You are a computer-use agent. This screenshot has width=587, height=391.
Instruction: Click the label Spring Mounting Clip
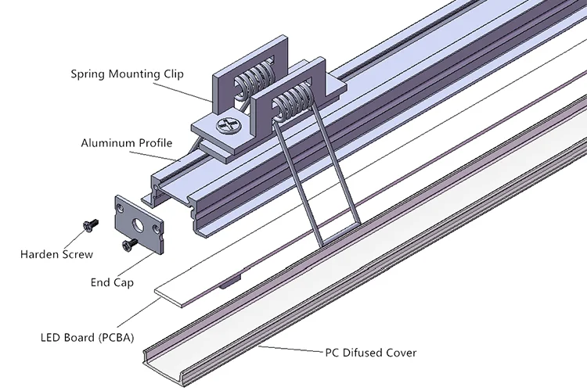pyautogui.click(x=128, y=74)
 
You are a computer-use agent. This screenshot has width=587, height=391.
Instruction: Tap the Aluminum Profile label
pyautogui.click(x=127, y=143)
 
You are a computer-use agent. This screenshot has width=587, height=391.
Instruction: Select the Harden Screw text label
pyautogui.click(x=56, y=254)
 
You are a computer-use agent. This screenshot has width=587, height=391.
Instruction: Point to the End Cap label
pyautogui.click(x=112, y=282)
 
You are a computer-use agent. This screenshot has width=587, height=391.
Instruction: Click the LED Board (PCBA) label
pyautogui.click(x=87, y=338)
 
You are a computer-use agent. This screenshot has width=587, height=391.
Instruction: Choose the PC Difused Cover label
pyautogui.click(x=371, y=353)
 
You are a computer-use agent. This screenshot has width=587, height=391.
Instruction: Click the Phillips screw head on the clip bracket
pyautogui.click(x=228, y=124)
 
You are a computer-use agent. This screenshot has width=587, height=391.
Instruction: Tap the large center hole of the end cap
pyautogui.click(x=138, y=224)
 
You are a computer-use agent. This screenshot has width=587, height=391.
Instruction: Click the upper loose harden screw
pyautogui.click(x=91, y=225)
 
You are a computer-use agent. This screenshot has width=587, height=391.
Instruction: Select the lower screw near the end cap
pyautogui.click(x=130, y=244)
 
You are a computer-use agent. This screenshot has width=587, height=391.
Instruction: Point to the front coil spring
pyautogui.click(x=293, y=101)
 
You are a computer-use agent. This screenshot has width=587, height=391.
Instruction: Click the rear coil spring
pyautogui.click(x=254, y=81)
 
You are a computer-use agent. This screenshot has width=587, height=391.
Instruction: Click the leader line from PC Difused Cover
pyautogui.click(x=291, y=349)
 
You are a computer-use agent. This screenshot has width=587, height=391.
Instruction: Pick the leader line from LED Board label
pyautogui.click(x=139, y=312)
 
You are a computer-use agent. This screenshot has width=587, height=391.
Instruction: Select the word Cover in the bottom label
pyautogui.click(x=402, y=353)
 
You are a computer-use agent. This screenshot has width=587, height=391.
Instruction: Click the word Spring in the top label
pyautogui.click(x=88, y=74)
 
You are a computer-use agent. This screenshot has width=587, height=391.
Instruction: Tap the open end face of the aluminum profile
pyautogui.click(x=176, y=202)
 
